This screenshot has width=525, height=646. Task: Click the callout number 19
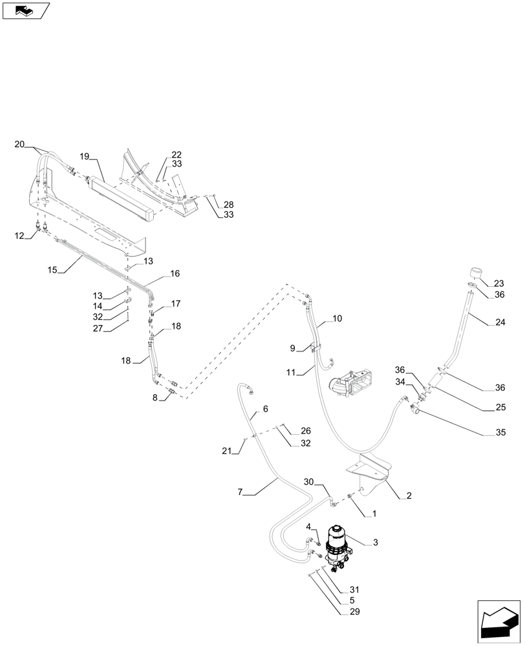pos(85,156)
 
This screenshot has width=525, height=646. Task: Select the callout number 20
pos(20,144)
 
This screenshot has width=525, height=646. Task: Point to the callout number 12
pos(19,237)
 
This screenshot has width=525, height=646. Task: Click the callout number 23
pos(499,283)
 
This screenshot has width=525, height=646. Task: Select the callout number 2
pos(409,495)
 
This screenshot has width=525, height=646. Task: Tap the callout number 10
pos(337,318)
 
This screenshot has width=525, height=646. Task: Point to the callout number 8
pos(155,398)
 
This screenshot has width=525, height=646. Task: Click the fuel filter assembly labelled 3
pos(337,547)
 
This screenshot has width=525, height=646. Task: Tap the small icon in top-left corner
pos(27,10)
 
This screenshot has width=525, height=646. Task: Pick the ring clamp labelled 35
pos(416,408)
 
